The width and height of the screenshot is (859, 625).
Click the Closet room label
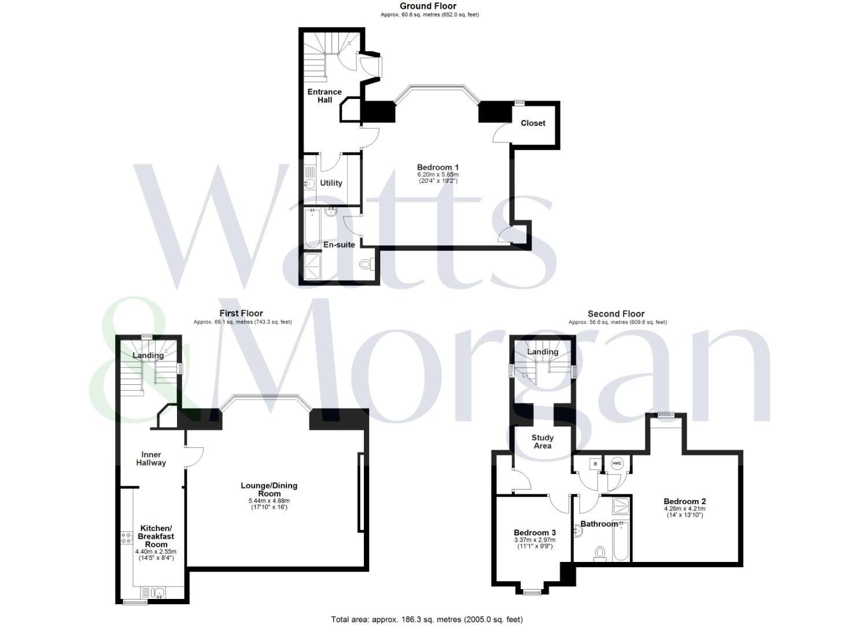pyautogui.click(x=533, y=123)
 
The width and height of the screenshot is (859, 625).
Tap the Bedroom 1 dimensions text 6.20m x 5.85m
pyautogui.click(x=438, y=175)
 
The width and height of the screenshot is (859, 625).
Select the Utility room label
pyautogui.click(x=331, y=183)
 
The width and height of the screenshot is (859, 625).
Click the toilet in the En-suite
pyautogui.click(x=366, y=264)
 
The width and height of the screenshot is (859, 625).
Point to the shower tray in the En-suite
pyautogui.click(x=314, y=266)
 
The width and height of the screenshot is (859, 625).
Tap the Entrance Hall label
pyautogui.click(x=325, y=95)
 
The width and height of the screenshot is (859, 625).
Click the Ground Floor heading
pyautogui.click(x=428, y=6)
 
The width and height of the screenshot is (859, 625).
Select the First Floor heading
pyautogui.click(x=241, y=313)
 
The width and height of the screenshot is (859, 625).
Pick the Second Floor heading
pyautogui.click(x=616, y=314)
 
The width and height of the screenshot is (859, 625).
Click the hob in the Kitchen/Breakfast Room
pyautogui.click(x=126, y=537)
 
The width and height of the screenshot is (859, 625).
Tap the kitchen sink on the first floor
pyautogui.click(x=153, y=593)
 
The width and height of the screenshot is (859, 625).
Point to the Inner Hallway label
pyautogui.click(x=151, y=458)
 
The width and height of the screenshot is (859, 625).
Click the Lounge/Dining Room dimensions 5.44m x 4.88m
pyautogui.click(x=269, y=501)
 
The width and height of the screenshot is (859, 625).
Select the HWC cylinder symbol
pyautogui.click(x=617, y=464)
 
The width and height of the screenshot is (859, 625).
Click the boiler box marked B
pyautogui.click(x=596, y=464)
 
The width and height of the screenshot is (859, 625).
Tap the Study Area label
pyautogui.click(x=542, y=442)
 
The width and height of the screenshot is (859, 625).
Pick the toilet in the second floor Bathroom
pyautogui.click(x=599, y=553)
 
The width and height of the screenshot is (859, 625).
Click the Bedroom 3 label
pyautogui.click(x=534, y=532)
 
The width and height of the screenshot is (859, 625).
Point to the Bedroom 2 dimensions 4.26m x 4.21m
pyautogui.click(x=684, y=509)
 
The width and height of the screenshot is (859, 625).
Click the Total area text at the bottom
pyautogui.click(x=427, y=619)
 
